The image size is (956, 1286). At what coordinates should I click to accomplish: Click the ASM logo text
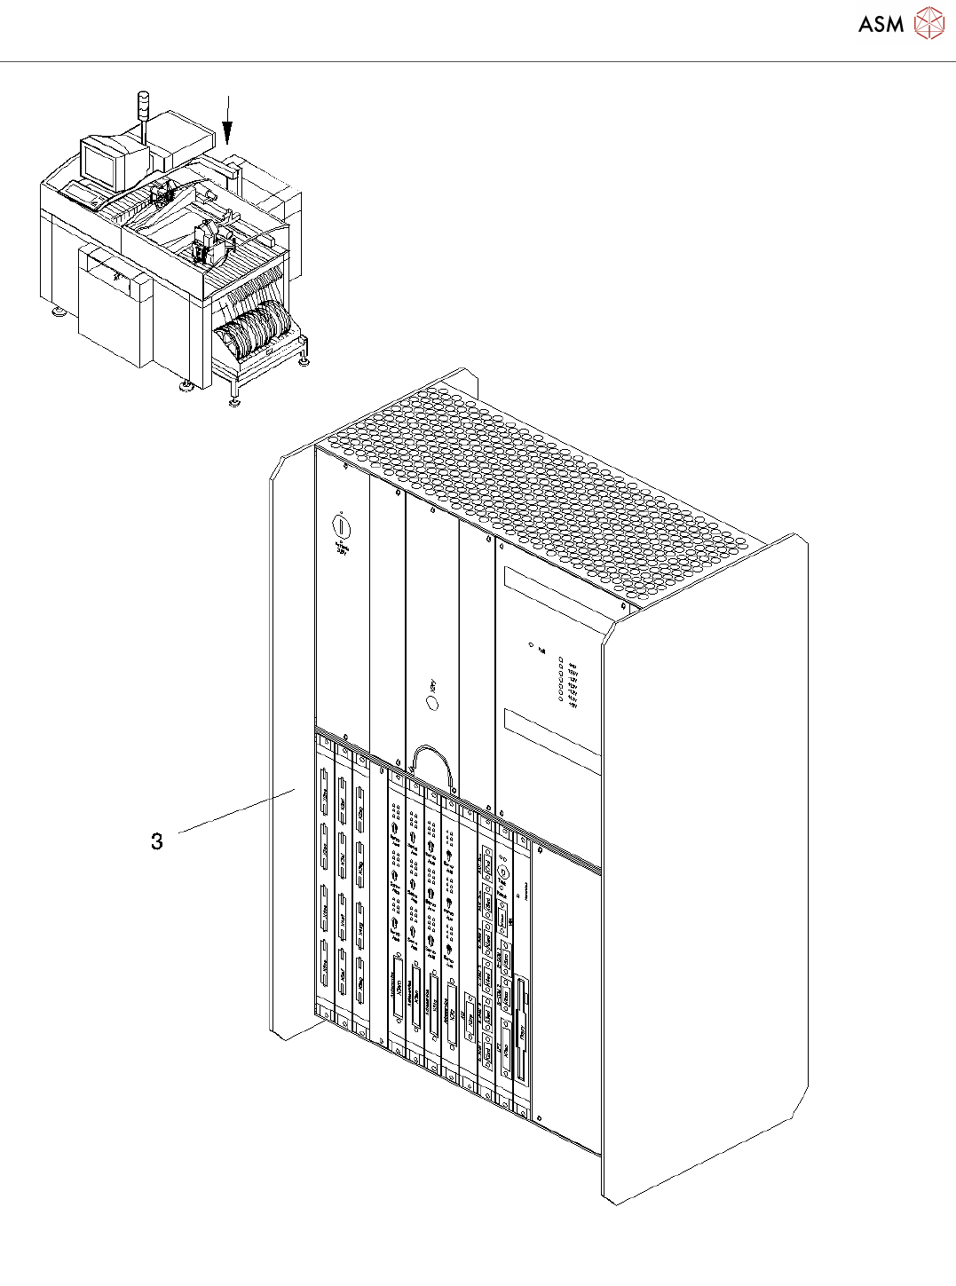point(881,25)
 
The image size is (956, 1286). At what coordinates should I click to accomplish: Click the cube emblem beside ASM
point(929,24)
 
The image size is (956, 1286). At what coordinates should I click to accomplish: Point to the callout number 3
point(157,841)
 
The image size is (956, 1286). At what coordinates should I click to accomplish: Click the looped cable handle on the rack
point(433,763)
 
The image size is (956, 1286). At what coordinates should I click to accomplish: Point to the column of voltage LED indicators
point(561,680)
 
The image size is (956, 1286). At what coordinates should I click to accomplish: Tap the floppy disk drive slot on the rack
point(521,1030)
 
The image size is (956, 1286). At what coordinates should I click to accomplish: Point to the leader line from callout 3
point(238,809)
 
